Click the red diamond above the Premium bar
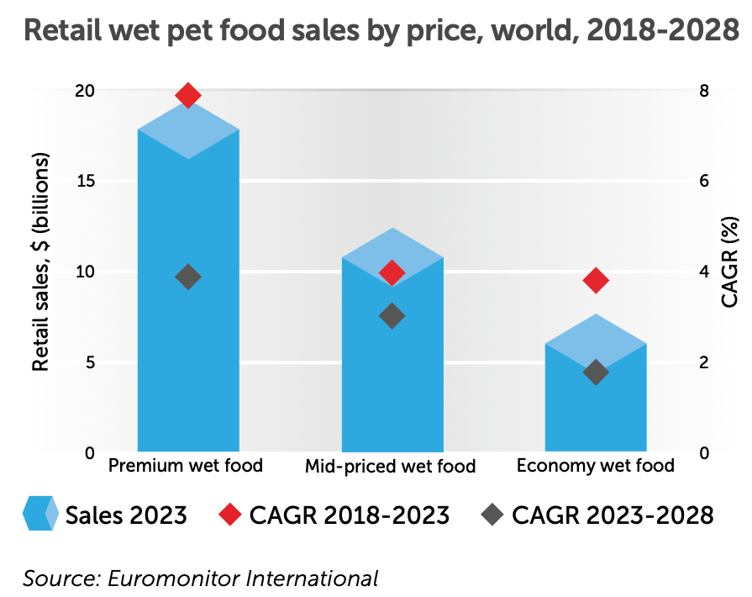coord(188,95)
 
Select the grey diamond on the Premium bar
coord(188,277)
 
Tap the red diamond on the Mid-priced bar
coord(392,272)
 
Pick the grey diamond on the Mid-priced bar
coord(392,316)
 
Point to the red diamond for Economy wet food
coord(596,281)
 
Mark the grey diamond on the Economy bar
coord(596,372)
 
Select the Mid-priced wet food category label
coord(390,467)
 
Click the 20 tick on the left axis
coord(83,91)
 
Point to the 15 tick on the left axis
coord(83,182)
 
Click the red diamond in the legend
coord(229,514)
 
